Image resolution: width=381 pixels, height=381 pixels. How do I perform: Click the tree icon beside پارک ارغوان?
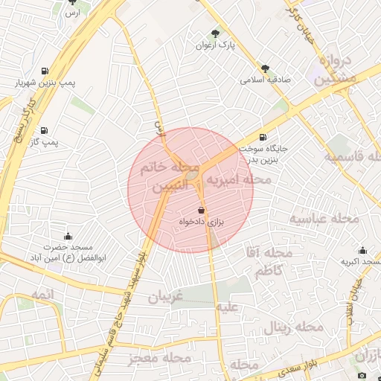[x=216, y=33]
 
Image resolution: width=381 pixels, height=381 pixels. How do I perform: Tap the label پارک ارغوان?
[x=216, y=45]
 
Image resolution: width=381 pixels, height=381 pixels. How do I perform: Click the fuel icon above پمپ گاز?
[x=44, y=129]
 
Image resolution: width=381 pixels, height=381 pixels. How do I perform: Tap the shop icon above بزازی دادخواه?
[x=202, y=211]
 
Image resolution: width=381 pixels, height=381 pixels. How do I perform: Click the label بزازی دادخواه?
[x=202, y=222]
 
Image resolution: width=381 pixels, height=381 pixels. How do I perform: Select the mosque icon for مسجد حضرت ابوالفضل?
[x=68, y=237]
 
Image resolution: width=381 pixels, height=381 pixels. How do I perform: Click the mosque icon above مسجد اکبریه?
[x=362, y=250]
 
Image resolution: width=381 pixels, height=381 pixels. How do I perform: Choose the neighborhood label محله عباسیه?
[x=324, y=219]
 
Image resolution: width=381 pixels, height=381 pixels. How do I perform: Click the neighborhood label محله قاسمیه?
[x=353, y=157]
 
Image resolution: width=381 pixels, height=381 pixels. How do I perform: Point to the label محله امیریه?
[x=238, y=180]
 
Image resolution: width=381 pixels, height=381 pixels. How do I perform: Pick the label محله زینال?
[x=298, y=327]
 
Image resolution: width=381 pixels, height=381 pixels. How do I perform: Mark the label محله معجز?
[x=156, y=359]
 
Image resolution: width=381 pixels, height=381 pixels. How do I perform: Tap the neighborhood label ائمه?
[x=43, y=295]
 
